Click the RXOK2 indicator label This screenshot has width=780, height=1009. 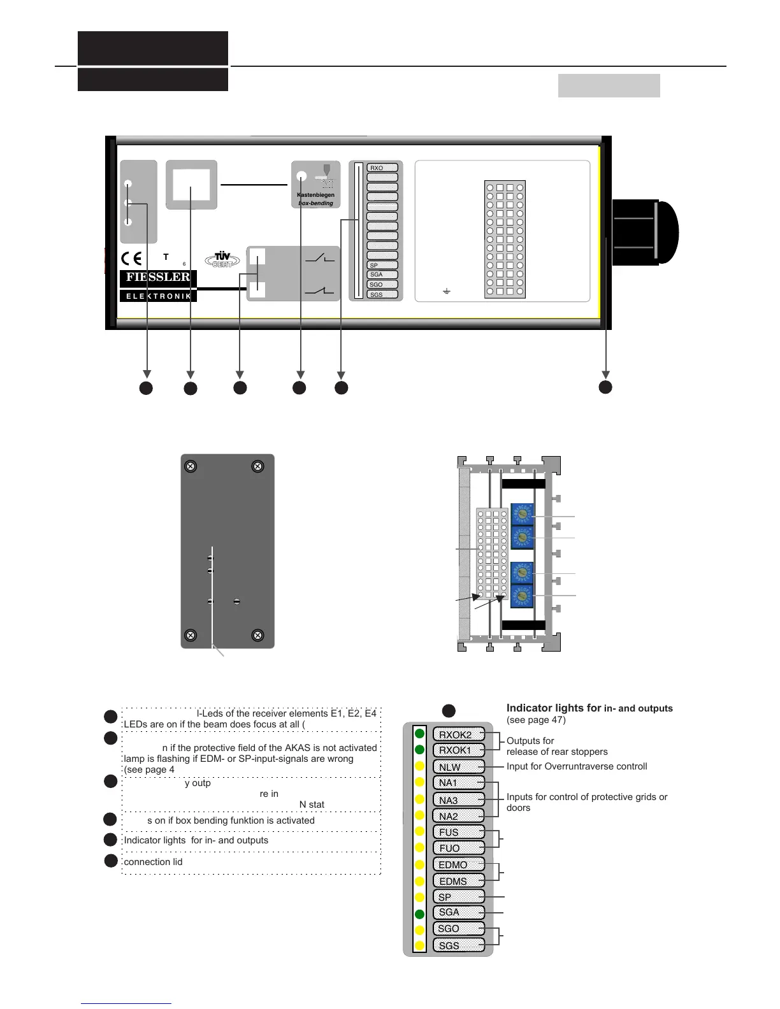pos(458,734)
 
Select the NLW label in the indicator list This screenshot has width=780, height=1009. pos(458,767)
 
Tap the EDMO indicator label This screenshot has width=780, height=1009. pos(458,864)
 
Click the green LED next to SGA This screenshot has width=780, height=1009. pos(419,914)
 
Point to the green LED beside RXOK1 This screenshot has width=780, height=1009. pos(419,750)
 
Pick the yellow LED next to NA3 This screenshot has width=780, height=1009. pos(419,799)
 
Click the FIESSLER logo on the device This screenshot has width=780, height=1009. pos(158,277)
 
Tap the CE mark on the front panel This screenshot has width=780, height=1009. pos(132,259)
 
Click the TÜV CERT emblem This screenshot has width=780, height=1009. pos(222,259)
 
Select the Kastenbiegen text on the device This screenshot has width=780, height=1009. pos(315,195)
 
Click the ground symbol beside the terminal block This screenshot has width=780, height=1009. pos(447,291)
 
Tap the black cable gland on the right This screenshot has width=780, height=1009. pos(644,232)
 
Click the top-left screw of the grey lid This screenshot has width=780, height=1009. pos(190,466)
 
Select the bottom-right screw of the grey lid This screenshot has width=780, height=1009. pos(257,635)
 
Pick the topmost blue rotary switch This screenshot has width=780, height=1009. pos(522,515)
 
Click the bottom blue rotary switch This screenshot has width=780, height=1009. pos(522,596)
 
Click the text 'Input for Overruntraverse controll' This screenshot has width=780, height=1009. pos(577,766)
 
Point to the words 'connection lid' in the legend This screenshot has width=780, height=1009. pos(153,862)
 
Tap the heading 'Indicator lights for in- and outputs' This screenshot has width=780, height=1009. pos(589,708)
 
